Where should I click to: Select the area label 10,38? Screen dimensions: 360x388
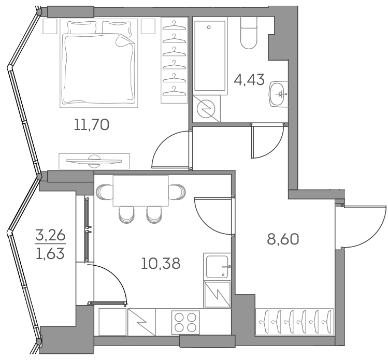coord(161,264)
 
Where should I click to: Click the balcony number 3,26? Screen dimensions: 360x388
coord(50,237)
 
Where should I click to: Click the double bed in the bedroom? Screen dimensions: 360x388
coord(99,63)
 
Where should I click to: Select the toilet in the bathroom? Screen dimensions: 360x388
coord(249,34)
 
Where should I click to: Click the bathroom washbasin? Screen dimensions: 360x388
coord(279,94)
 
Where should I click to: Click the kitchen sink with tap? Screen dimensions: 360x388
coord(218,267)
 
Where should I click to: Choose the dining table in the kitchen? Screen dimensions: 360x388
coord(140,191)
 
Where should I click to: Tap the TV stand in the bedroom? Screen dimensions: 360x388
coord(94,161)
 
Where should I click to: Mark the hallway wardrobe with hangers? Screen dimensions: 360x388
coord(294,321)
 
